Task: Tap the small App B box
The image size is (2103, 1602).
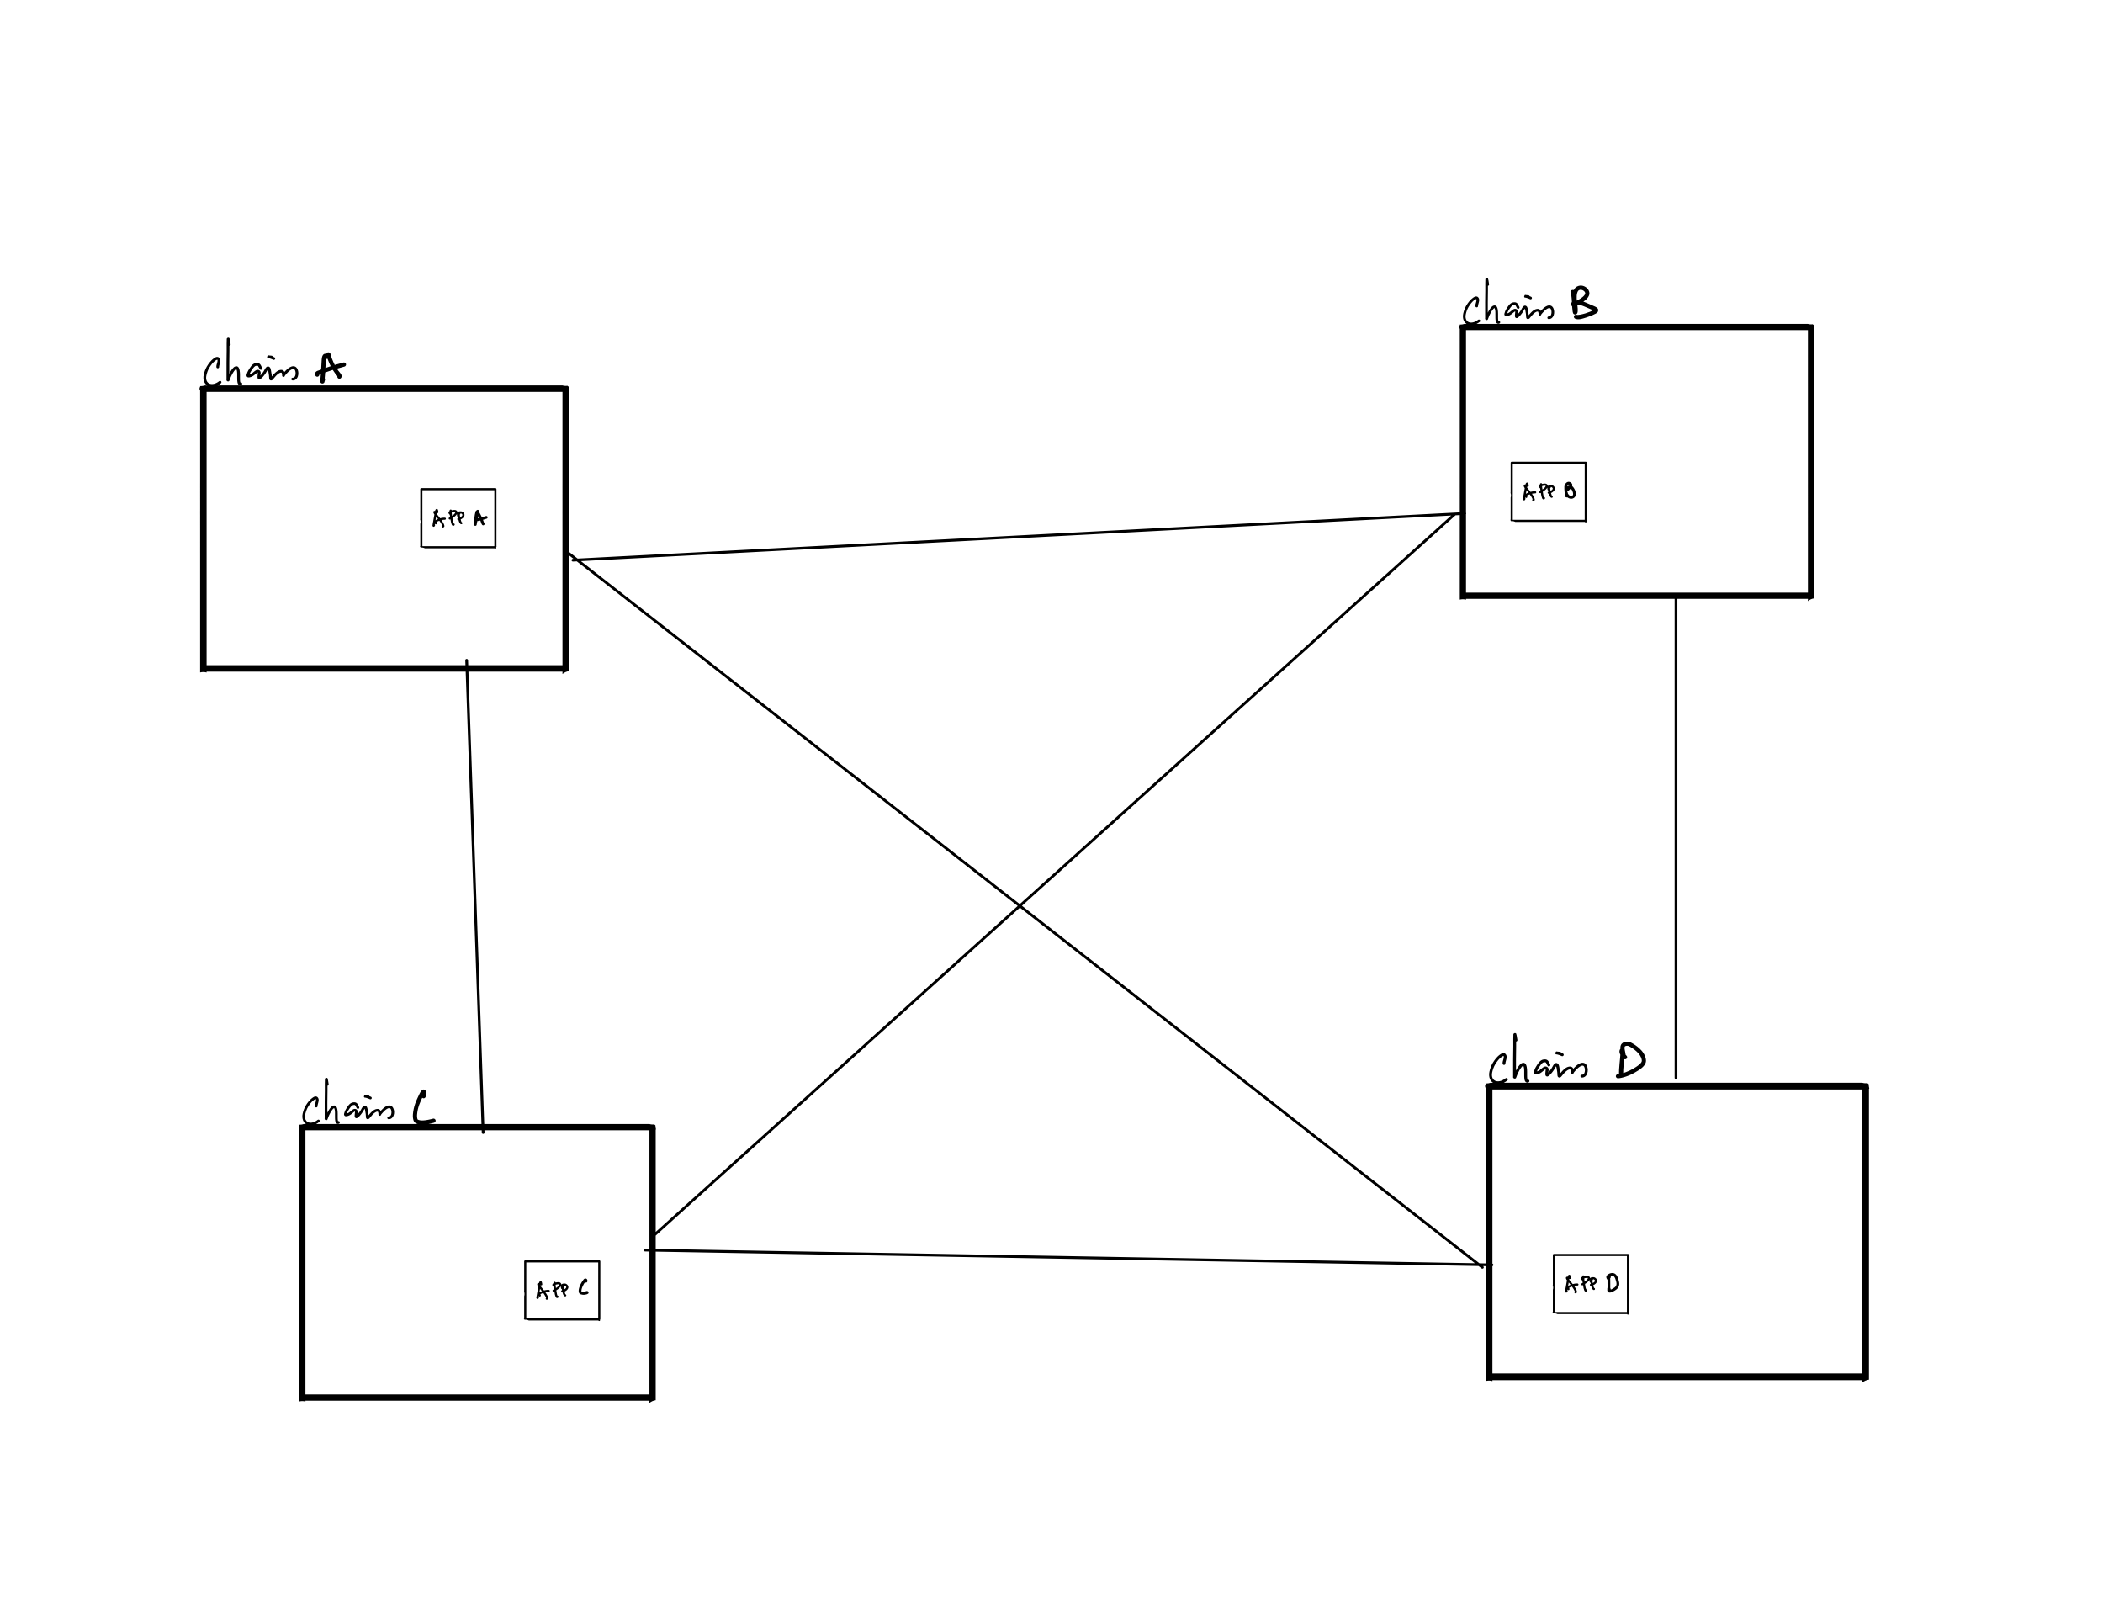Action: pyautogui.click(x=1548, y=492)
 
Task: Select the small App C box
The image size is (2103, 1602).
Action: pyautogui.click(x=561, y=1290)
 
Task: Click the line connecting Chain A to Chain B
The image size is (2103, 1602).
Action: pyautogui.click(x=1015, y=537)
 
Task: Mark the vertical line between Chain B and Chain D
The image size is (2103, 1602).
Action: pyautogui.click(x=1676, y=839)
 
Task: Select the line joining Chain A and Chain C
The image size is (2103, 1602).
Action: pyautogui.click(x=474, y=896)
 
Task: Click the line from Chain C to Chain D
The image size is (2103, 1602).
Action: pyautogui.click(x=1067, y=1257)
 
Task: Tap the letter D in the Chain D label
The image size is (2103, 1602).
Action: pyautogui.click(x=1631, y=1060)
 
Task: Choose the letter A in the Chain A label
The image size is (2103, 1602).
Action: pyautogui.click(x=330, y=367)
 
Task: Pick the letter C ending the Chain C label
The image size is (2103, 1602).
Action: pyautogui.click(x=423, y=1108)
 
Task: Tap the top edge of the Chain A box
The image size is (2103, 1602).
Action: pyautogui.click(x=384, y=389)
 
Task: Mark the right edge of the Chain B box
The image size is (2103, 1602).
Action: pyautogui.click(x=1810, y=462)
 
